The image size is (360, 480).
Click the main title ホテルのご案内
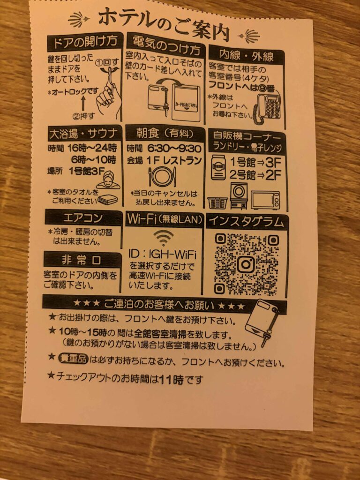[164, 24]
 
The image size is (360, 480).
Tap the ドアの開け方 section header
[85, 42]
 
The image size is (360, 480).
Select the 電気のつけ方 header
[166, 46]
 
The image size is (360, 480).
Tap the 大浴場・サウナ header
[83, 134]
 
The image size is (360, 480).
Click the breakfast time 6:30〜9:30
[174, 149]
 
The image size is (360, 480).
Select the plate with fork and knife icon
[162, 177]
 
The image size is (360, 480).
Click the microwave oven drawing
[265, 200]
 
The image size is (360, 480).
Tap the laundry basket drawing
[217, 202]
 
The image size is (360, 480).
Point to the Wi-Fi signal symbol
[164, 238]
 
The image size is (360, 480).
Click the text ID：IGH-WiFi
[162, 255]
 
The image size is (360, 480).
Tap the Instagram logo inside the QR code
[246, 264]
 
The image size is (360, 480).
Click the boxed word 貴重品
[73, 359]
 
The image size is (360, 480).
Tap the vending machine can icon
[218, 167]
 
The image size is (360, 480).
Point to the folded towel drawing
[108, 200]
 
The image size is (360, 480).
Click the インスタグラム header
[247, 222]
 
